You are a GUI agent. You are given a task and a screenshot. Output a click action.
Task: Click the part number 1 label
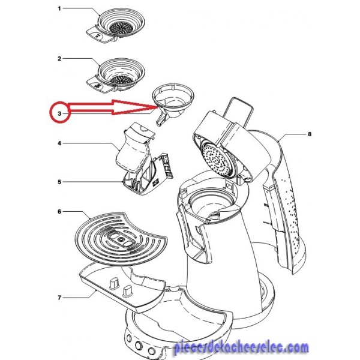pyautogui.click(x=59, y=9)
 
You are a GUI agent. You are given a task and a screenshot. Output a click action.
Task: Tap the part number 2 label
pyautogui.click(x=59, y=59)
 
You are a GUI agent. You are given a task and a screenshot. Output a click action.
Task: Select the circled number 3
pyautogui.click(x=59, y=113)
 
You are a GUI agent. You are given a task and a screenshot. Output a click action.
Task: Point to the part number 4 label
pyautogui.click(x=59, y=143)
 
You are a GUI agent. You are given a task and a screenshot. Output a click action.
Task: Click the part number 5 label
pyautogui.click(x=59, y=182)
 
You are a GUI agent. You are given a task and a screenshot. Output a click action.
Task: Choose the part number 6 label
pyautogui.click(x=59, y=211)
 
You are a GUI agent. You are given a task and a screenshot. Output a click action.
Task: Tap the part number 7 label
pyautogui.click(x=59, y=298)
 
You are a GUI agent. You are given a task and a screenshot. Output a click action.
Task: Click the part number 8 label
pyautogui.click(x=310, y=134)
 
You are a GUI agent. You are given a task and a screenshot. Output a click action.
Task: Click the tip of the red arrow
pyautogui.click(x=157, y=106)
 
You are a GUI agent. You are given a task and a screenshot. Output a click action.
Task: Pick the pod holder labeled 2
pyautogui.click(x=116, y=77)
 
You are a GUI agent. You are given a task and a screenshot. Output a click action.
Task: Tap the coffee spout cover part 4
pyautogui.click(x=134, y=149)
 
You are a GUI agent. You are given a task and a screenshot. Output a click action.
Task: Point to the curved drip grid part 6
pyautogui.click(x=121, y=239)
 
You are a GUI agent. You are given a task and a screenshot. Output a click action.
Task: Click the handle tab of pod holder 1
pyautogui.click(x=100, y=35)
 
